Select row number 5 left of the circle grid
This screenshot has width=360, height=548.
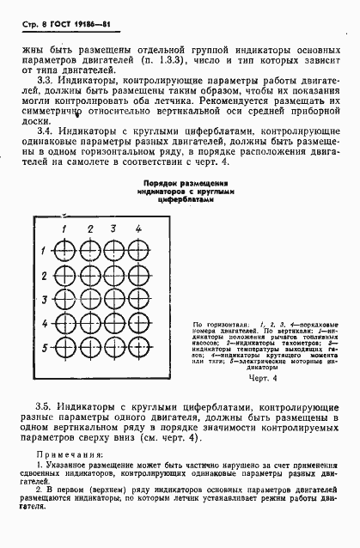[x=45, y=348]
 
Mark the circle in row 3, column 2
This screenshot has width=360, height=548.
[x=88, y=301]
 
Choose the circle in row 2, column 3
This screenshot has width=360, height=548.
[x=113, y=277]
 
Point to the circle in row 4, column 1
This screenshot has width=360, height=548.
[x=64, y=325]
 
